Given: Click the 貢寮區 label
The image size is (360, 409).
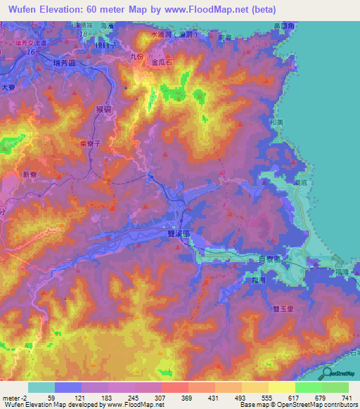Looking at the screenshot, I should (x=269, y=259).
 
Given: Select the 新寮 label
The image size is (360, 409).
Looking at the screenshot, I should (x=30, y=174).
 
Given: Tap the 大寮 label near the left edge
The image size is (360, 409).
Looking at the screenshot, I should (x=8, y=87).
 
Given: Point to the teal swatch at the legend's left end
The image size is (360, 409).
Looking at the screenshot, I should (x=41, y=387).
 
